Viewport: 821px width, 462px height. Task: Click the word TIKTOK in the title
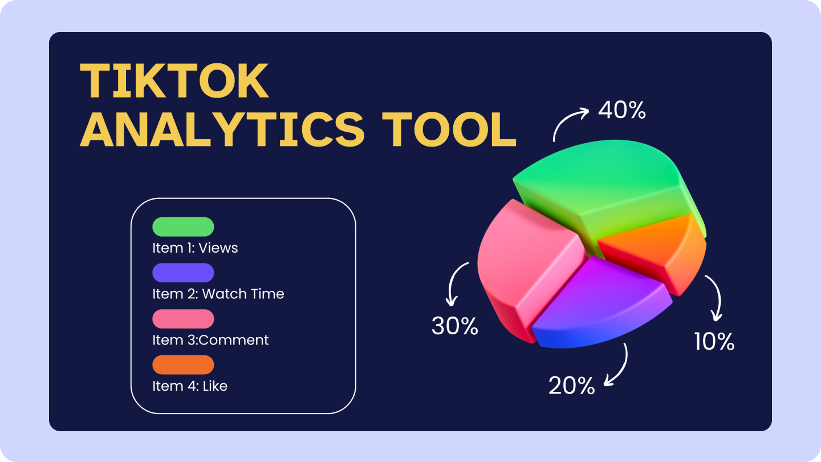click(x=174, y=81)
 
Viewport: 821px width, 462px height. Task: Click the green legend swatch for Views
click(x=183, y=227)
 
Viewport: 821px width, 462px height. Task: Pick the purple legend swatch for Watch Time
click(x=183, y=273)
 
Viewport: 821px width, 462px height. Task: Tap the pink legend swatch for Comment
click(x=183, y=319)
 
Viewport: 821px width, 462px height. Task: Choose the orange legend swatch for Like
click(x=183, y=365)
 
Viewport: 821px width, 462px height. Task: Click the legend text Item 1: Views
click(x=195, y=248)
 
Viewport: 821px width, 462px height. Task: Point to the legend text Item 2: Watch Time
click(x=218, y=294)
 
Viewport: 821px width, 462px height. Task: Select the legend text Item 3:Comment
click(x=210, y=340)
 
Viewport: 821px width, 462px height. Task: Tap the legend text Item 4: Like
click(x=190, y=386)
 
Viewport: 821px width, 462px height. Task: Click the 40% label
click(x=621, y=110)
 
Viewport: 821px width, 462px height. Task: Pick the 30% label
click(x=454, y=326)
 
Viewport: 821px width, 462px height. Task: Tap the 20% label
click(x=571, y=386)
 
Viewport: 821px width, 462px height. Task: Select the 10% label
click(x=714, y=341)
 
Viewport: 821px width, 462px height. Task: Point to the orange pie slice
click(x=656, y=245)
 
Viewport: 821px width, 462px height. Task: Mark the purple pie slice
click(x=599, y=297)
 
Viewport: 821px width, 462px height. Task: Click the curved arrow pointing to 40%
click(x=567, y=121)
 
